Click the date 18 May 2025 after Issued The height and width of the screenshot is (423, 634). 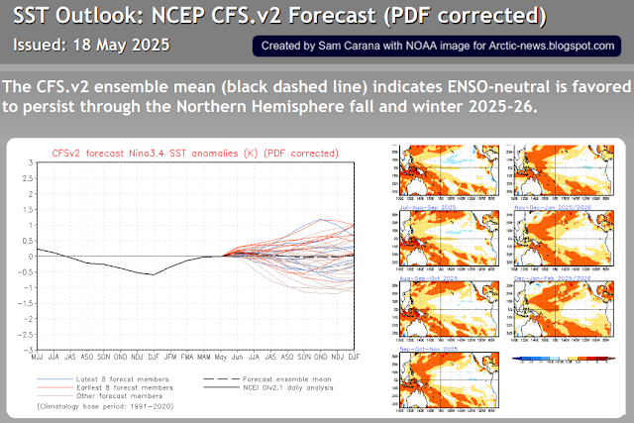(126, 47)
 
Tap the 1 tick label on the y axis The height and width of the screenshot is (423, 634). (32, 224)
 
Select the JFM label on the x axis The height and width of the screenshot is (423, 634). (171, 357)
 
